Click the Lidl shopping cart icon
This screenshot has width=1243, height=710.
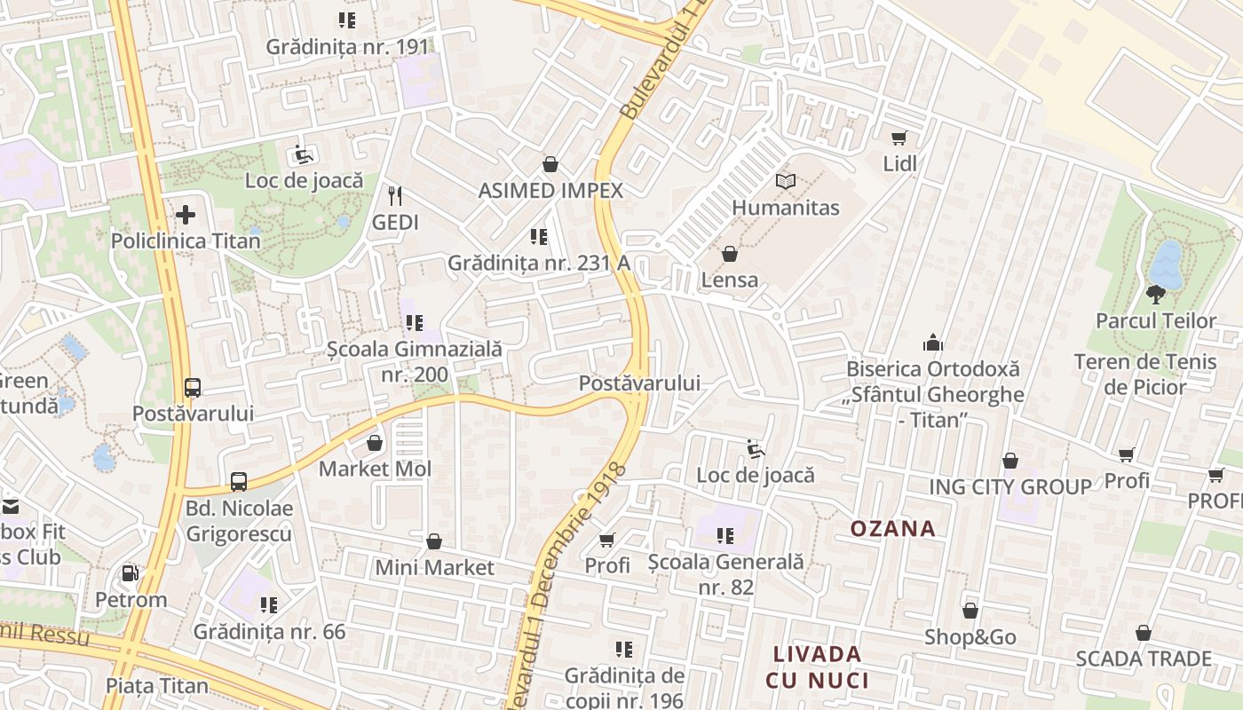pos(899,138)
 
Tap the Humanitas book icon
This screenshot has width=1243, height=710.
pos(786,182)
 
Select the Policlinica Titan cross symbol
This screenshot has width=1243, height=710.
pos(186,214)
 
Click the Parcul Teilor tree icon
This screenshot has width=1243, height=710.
pos(1155,294)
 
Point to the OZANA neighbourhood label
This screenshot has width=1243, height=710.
pos(892,529)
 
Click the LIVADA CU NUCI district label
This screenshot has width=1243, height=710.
pos(817,667)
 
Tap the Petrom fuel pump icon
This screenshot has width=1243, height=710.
pos(131,573)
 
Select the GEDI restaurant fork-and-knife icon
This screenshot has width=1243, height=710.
pos(395,195)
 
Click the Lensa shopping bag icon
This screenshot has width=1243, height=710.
pos(730,255)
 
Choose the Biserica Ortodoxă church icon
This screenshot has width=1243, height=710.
pos(933,343)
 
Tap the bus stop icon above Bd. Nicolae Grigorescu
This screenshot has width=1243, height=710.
pos(239,482)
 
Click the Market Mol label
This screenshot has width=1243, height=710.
pos(375,469)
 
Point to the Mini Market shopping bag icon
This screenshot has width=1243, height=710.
pos(434,541)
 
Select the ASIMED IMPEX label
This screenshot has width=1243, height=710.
pos(550,190)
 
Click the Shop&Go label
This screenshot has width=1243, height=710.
pos(970,637)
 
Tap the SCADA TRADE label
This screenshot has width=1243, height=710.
pos(1143,659)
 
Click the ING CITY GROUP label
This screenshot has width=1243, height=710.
pos(1009,486)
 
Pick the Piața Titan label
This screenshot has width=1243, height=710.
pos(157,685)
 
